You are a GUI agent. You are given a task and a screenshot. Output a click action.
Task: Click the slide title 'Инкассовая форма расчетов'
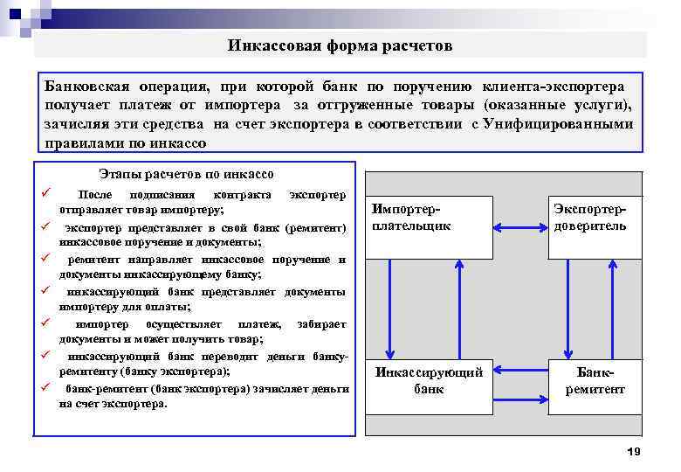coord(341,45)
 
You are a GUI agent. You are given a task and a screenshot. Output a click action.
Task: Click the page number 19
coord(634,451)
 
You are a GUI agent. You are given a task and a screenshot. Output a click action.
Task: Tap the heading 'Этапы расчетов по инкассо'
coord(187,174)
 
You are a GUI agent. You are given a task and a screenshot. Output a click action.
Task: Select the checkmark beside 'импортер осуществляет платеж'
coord(42,322)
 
